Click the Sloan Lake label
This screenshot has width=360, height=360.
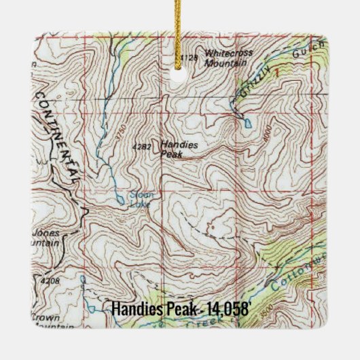[141, 198]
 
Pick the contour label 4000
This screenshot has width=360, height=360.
[271, 133]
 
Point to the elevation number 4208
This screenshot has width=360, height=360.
[50, 281]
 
